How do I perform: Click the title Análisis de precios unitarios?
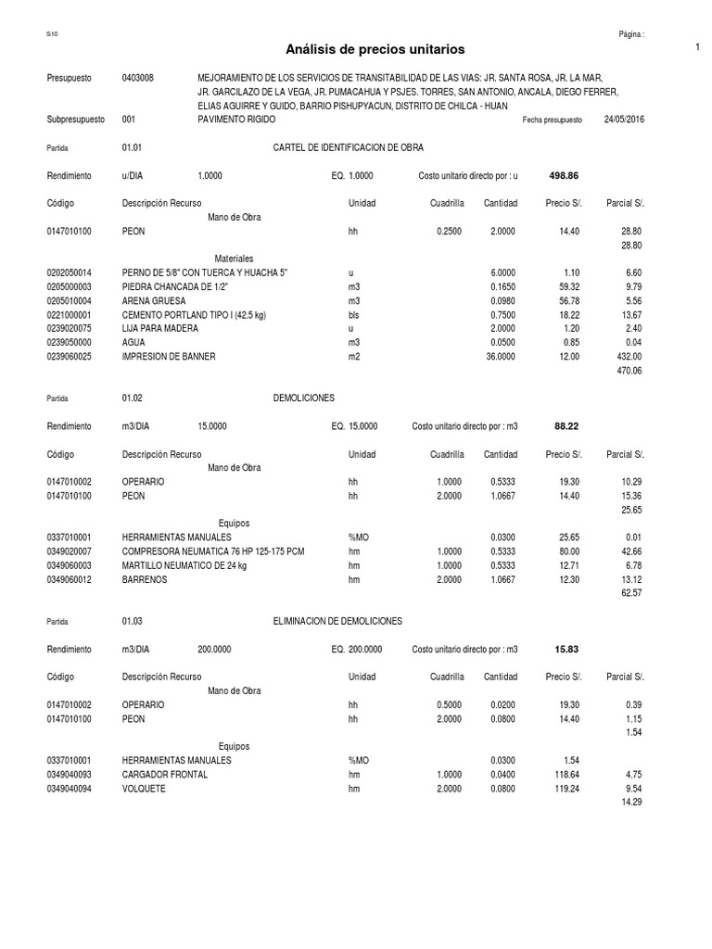[x=375, y=48]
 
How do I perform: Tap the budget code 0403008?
[x=138, y=78]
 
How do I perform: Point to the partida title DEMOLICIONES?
[x=304, y=398]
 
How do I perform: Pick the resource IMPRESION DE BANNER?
[x=169, y=357]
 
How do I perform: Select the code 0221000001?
[x=70, y=315]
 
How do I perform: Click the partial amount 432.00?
[x=629, y=357]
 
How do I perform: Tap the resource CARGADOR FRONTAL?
[x=165, y=773]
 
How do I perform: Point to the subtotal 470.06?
[x=629, y=371]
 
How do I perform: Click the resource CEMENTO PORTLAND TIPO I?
[x=194, y=315]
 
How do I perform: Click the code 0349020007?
[x=70, y=550]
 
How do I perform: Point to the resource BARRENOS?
[x=145, y=578]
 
